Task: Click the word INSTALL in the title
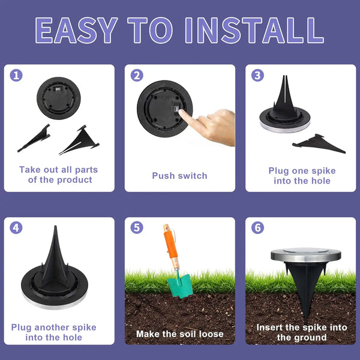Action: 253,30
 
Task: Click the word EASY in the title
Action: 76,30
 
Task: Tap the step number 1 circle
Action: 17,76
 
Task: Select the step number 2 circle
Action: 137,76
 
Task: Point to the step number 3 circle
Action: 257,76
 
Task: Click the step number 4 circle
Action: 17,228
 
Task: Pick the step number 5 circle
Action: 137,228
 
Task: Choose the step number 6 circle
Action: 257,228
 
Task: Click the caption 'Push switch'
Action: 179,176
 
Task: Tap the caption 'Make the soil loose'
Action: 179,334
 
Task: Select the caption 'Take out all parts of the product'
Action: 58,175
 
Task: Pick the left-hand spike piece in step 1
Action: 34,139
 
